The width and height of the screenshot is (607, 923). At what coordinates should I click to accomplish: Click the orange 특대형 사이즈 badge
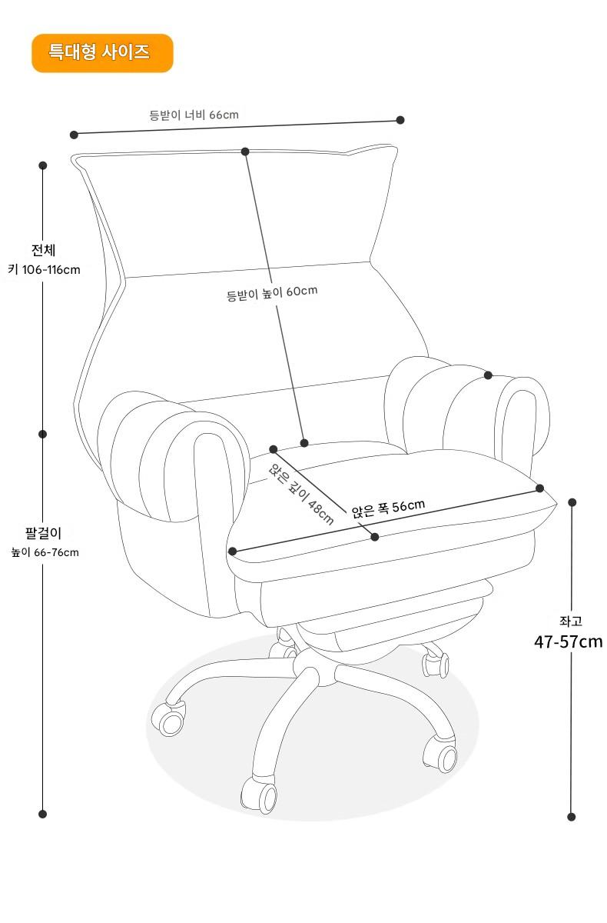click(x=102, y=53)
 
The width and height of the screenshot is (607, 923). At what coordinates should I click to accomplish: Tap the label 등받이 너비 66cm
click(x=194, y=115)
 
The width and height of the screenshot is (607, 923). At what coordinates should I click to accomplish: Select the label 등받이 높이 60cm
click(x=271, y=293)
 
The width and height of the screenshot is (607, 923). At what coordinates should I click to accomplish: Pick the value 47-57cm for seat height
click(x=568, y=641)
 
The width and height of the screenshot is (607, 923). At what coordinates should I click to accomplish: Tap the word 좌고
click(x=570, y=621)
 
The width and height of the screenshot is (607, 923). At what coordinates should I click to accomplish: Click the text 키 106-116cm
click(x=44, y=270)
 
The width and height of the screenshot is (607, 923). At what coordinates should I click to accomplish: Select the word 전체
click(x=43, y=251)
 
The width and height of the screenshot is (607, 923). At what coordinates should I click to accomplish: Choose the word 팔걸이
click(x=43, y=532)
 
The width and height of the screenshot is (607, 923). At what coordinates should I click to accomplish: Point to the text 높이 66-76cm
click(x=45, y=552)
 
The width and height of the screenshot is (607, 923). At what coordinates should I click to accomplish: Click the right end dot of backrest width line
click(x=400, y=120)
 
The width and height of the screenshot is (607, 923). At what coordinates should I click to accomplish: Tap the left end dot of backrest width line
click(x=75, y=135)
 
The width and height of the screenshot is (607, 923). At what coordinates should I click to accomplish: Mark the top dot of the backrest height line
click(x=245, y=152)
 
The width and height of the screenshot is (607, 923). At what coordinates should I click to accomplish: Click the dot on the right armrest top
click(x=488, y=375)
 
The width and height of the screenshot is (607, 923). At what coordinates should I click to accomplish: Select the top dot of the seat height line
click(x=572, y=502)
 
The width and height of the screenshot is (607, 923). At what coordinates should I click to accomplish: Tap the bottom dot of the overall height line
click(x=43, y=814)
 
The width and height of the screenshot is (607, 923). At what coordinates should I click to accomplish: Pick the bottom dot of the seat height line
click(x=571, y=817)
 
